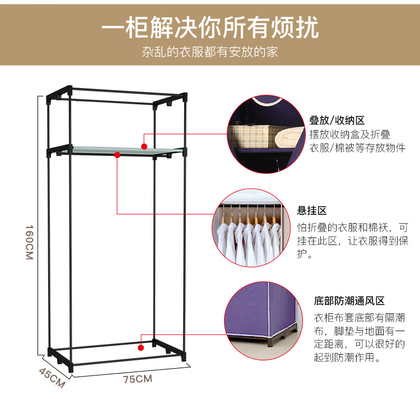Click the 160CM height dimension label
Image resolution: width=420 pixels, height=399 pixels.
click(x=29, y=242)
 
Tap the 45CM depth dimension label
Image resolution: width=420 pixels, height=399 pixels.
click(x=52, y=378)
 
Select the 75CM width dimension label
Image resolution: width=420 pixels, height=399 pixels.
click(x=138, y=379)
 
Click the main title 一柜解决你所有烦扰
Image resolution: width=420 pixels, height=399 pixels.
click(x=210, y=27)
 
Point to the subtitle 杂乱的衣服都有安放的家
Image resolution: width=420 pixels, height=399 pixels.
click(x=210, y=52)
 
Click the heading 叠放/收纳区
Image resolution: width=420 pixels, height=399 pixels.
click(x=337, y=120)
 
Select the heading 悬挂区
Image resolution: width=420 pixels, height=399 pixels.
click(x=312, y=211)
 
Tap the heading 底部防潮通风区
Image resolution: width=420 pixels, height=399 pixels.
click(x=349, y=301)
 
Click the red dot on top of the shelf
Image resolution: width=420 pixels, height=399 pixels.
click(x=144, y=147)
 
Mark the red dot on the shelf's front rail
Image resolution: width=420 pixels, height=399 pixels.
click(x=117, y=155)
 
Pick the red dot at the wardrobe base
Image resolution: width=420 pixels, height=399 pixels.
click(x=141, y=348)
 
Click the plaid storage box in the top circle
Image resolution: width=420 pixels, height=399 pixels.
click(x=250, y=136)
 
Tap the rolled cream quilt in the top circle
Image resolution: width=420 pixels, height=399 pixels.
click(x=290, y=138)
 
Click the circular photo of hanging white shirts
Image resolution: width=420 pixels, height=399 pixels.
click(x=251, y=228)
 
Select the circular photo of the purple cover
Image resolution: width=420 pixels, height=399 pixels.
click(x=264, y=321)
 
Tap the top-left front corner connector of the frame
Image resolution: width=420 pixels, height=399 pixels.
click(x=49, y=98)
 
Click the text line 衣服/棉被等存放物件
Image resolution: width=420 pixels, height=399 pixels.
click(x=357, y=147)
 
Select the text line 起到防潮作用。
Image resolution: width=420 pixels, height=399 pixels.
click(x=347, y=357)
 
